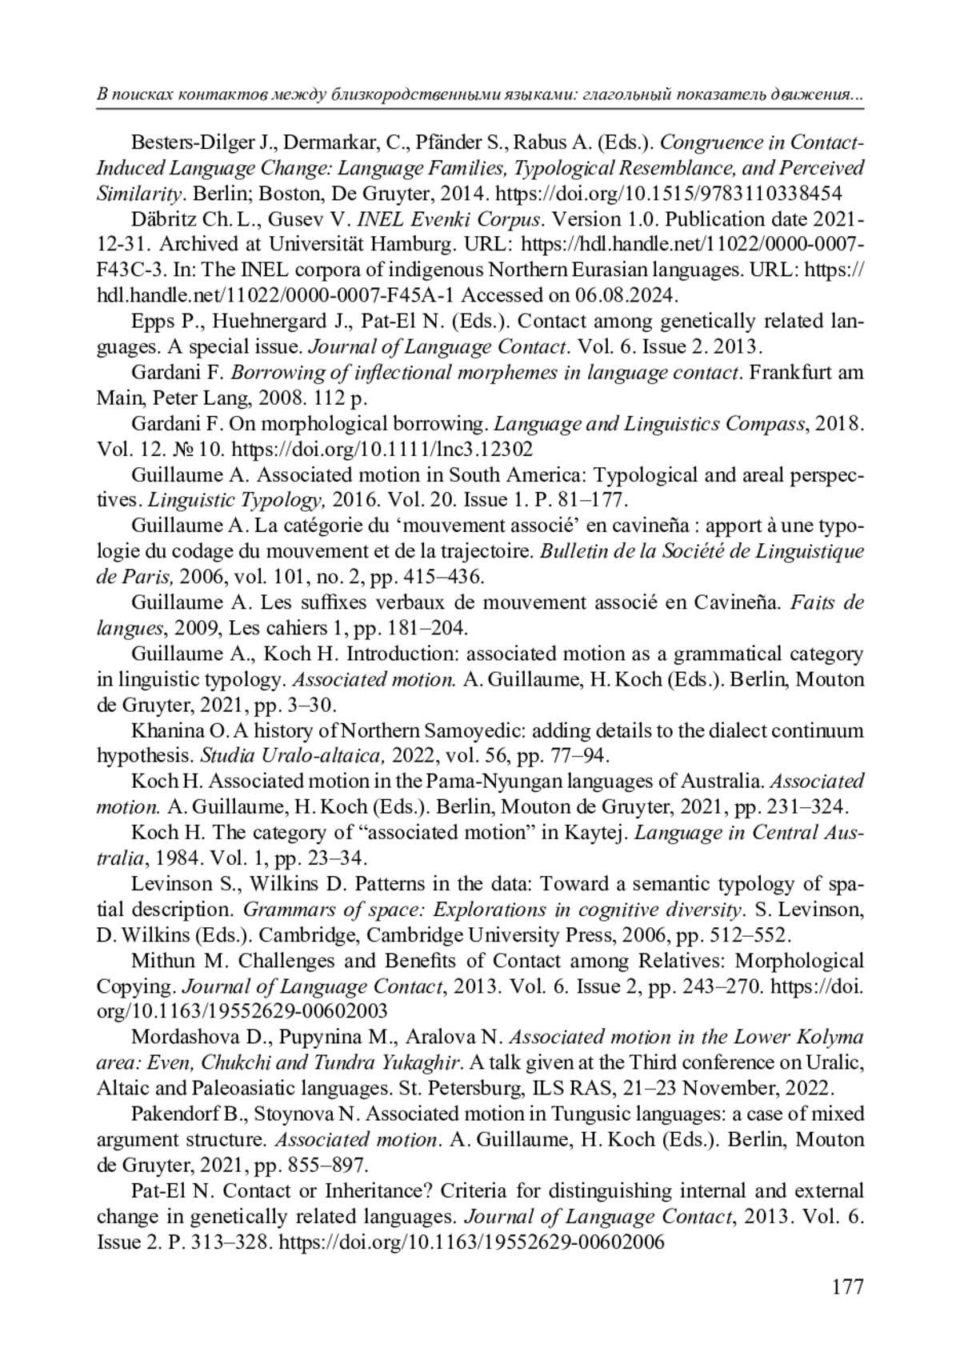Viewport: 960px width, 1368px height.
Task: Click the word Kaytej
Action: pos(597,834)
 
